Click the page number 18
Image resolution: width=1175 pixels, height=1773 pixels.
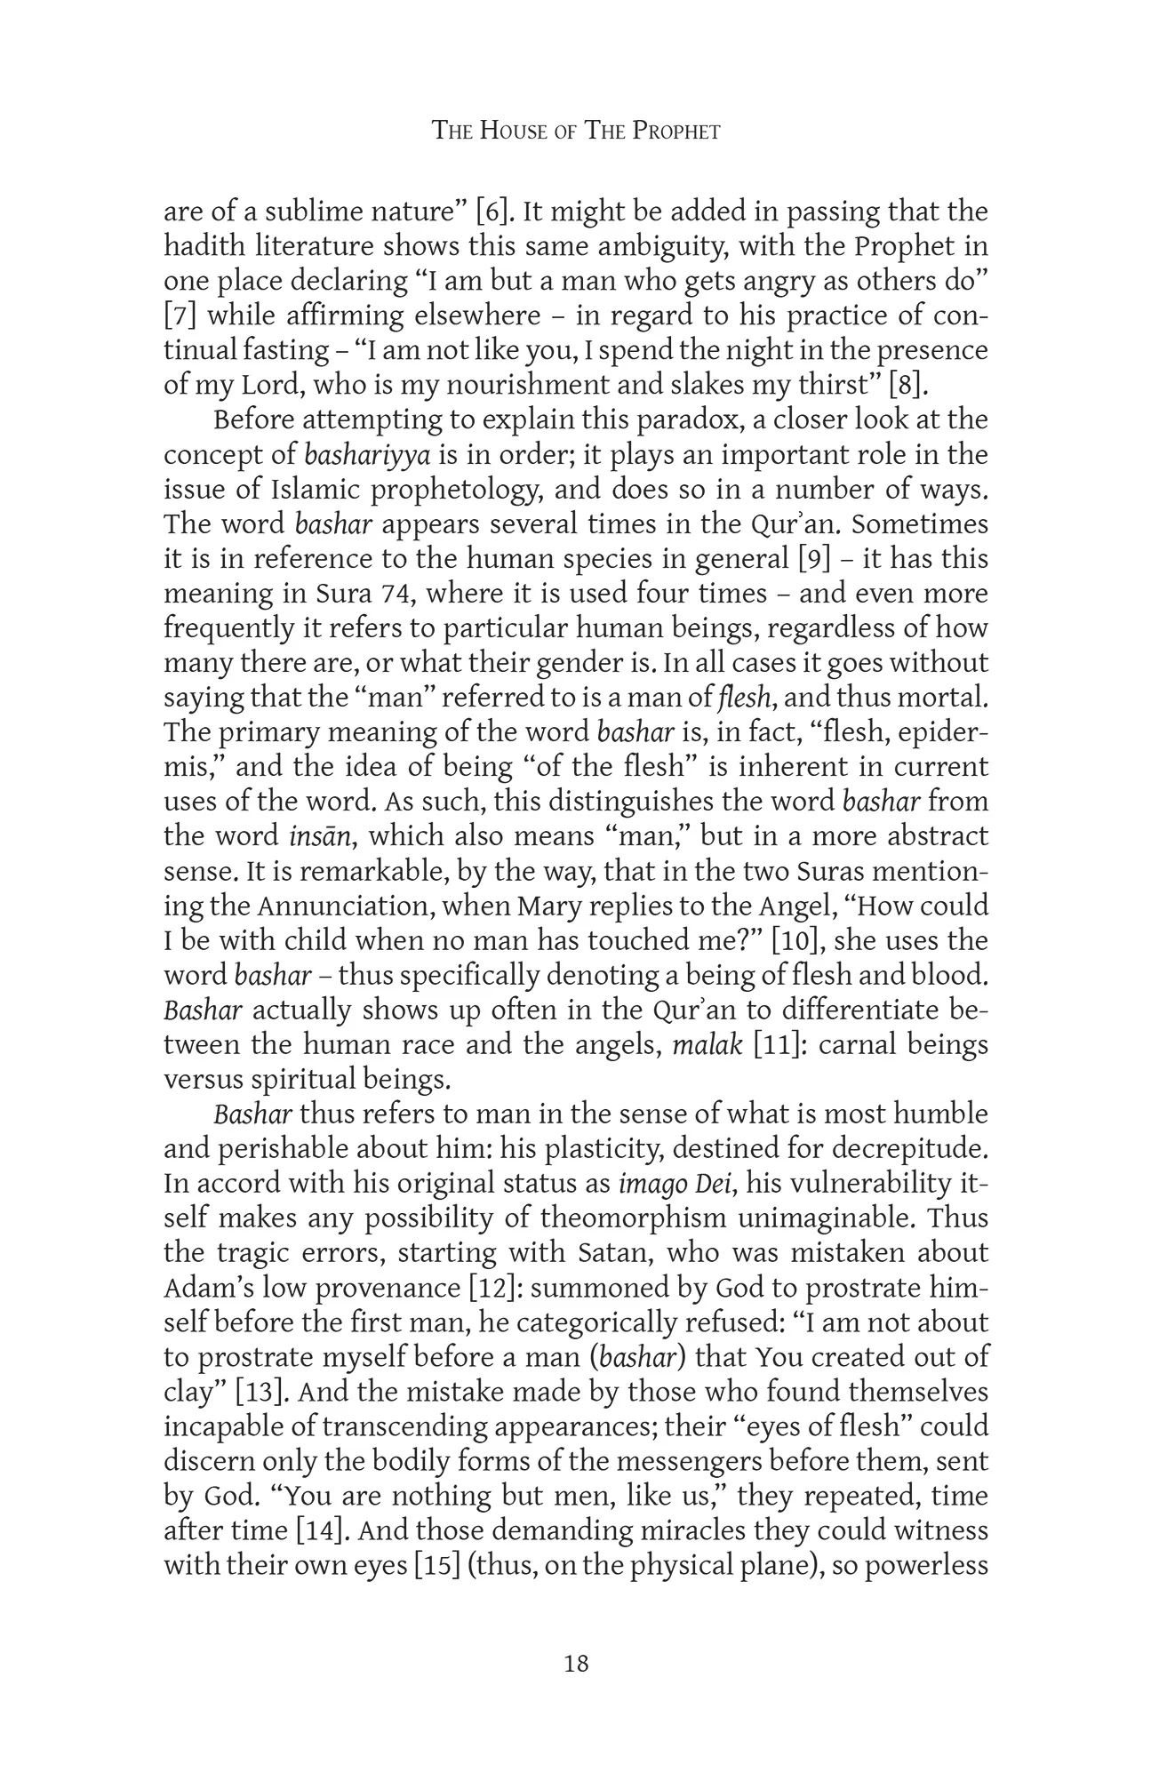576,1664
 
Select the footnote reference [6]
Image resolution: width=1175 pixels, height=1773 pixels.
492,212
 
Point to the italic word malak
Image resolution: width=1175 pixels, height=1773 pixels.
707,1044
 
